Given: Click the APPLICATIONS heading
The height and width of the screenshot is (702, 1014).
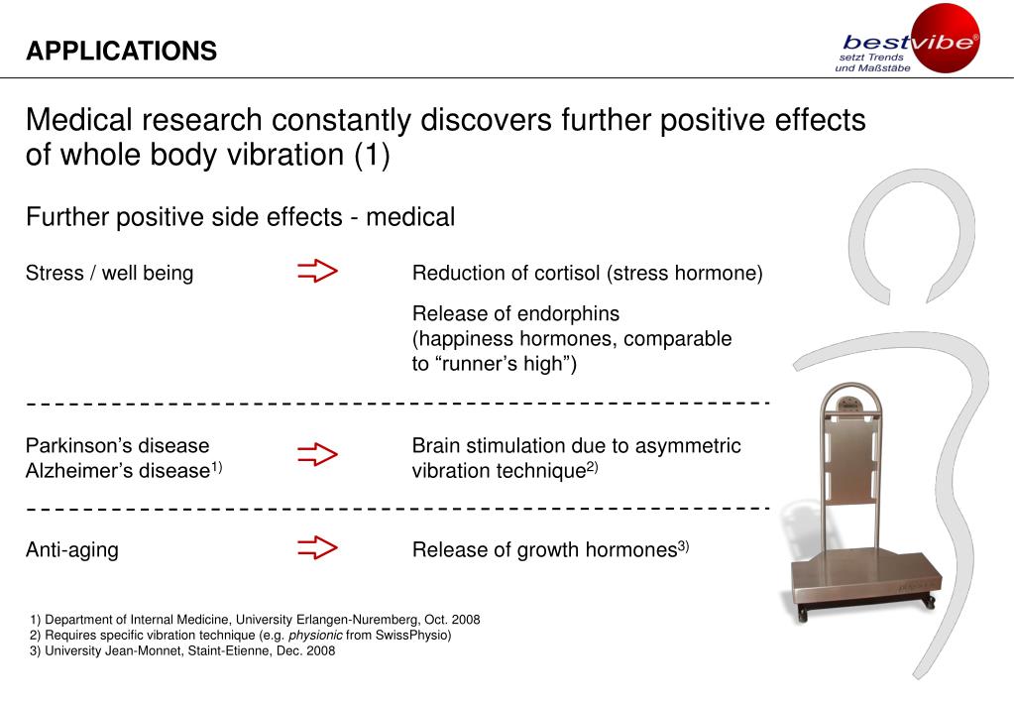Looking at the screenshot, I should click(121, 52).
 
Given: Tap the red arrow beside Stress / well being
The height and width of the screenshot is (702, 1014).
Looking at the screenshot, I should click(317, 272).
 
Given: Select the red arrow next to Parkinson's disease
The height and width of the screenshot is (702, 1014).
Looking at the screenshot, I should click(317, 455).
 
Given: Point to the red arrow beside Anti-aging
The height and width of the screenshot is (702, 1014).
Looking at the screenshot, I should click(317, 548).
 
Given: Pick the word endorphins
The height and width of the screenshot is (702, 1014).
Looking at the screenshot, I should click(571, 314).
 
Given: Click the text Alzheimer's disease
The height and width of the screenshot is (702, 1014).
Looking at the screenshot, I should click(116, 471).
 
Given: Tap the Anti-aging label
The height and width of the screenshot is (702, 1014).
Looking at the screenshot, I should click(71, 550).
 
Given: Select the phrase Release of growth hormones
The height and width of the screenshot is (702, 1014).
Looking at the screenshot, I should click(544, 550).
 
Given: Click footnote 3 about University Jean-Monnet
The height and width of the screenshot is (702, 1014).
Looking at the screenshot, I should click(182, 651).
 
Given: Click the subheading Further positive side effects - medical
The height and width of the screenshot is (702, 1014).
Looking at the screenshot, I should click(240, 217).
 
